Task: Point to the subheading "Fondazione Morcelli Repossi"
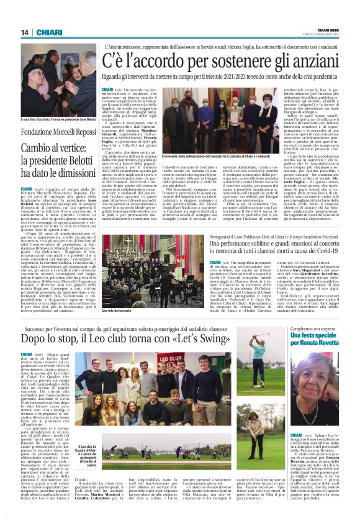pyautogui.click(x=58, y=132)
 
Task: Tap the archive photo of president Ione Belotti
pyautogui.click(x=58, y=80)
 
